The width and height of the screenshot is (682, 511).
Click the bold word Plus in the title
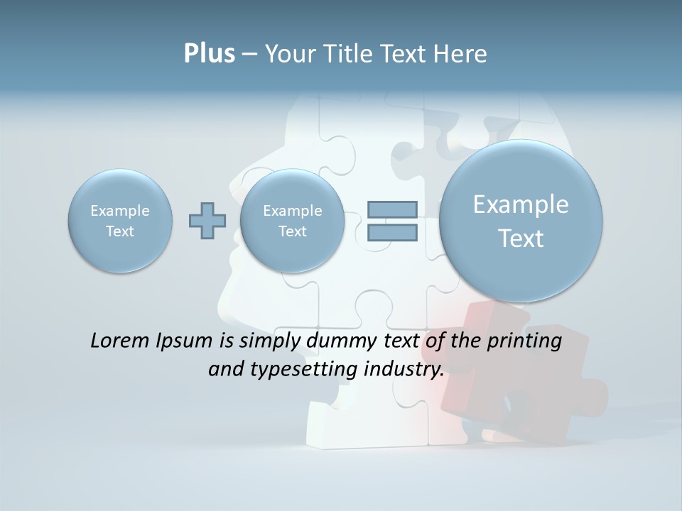pyautogui.click(x=209, y=54)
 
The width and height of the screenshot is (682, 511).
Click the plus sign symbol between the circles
pyautogui.click(x=207, y=221)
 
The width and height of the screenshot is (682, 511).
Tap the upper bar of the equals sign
pyautogui.click(x=391, y=209)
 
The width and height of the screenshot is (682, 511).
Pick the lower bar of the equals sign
pyautogui.click(x=391, y=232)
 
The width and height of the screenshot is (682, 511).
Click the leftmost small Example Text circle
pyautogui.click(x=120, y=221)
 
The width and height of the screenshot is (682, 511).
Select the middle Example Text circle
pyautogui.click(x=293, y=221)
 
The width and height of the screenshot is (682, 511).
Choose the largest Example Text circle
pyautogui.click(x=521, y=221)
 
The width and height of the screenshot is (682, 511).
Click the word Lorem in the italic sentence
pyautogui.click(x=120, y=341)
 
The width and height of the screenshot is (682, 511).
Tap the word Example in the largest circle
pyautogui.click(x=521, y=205)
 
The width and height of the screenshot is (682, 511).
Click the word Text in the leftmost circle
pyautogui.click(x=120, y=231)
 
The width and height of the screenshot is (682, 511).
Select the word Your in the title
pyautogui.click(x=291, y=54)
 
